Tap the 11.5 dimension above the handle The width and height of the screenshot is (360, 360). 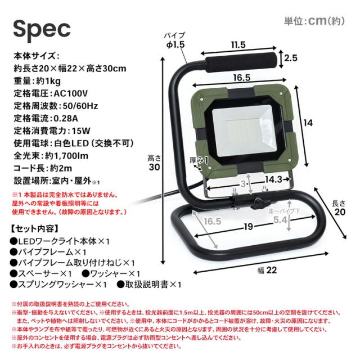[x=238, y=44]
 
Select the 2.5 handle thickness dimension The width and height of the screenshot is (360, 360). [x=291, y=58]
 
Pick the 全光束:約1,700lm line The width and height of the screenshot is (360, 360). [x=51, y=156]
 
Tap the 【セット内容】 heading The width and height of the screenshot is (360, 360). [x=34, y=229]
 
